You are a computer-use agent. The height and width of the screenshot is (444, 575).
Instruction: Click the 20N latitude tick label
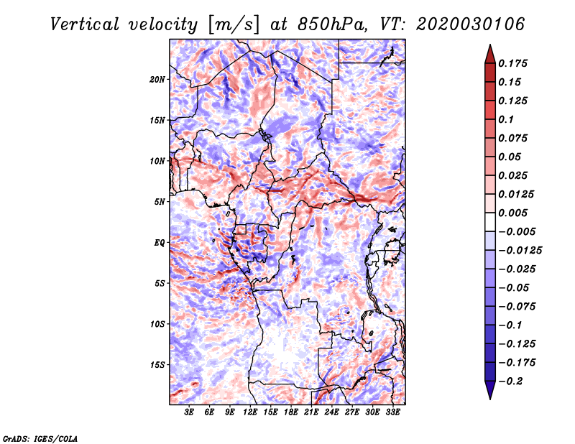pyautogui.click(x=157, y=80)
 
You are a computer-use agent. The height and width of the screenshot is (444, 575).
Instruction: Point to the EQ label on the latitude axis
pyautogui.click(x=160, y=243)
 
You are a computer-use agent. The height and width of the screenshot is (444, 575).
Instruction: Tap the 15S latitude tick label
pyautogui.click(x=157, y=365)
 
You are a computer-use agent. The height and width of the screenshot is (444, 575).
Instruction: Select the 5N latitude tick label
pyautogui.click(x=160, y=202)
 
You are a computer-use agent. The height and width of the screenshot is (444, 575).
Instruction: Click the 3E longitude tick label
pyautogui.click(x=189, y=412)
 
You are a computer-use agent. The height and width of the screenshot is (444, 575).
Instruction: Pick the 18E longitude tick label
pyautogui.click(x=291, y=412)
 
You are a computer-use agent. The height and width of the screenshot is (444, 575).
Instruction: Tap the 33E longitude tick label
pyautogui.click(x=392, y=412)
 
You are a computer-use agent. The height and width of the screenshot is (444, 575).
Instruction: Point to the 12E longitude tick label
pyautogui.click(x=250, y=412)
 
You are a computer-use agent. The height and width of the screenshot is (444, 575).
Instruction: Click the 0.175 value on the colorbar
pyautogui.click(x=513, y=63)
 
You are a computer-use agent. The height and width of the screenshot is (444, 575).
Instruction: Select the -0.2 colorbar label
pyautogui.click(x=510, y=381)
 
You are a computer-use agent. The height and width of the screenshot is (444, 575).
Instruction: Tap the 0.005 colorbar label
pyautogui.click(x=513, y=213)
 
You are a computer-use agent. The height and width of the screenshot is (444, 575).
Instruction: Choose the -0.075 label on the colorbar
pyautogui.click(x=517, y=307)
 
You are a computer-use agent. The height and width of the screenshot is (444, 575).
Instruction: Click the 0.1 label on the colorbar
pyautogui.click(x=507, y=119)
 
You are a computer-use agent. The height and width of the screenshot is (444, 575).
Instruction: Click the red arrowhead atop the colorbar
pyautogui.click(x=490, y=55)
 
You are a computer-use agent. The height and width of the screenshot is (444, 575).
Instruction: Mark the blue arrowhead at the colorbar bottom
pyautogui.click(x=490, y=390)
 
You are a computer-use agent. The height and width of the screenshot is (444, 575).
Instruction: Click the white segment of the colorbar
pyautogui.click(x=490, y=222)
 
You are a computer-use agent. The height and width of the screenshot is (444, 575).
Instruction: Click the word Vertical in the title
pyautogui.click(x=84, y=24)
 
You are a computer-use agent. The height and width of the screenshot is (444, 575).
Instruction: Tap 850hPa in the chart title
pyautogui.click(x=332, y=24)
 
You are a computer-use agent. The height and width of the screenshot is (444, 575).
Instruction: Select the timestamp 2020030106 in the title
pyautogui.click(x=471, y=24)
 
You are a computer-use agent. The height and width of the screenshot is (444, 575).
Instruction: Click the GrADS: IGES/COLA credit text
pyautogui.click(x=40, y=439)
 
